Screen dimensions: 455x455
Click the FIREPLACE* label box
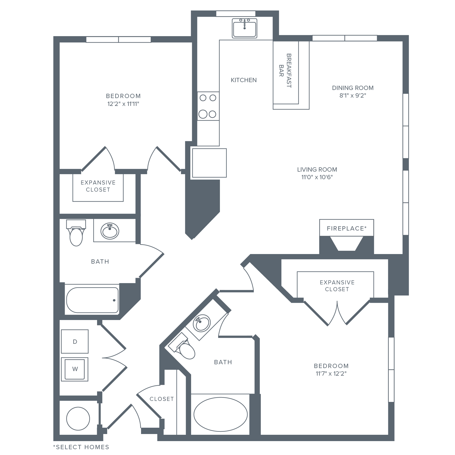(346, 228)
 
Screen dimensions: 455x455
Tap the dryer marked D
(75, 342)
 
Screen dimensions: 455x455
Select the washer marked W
(75, 369)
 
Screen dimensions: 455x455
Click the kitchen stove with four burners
(208, 106)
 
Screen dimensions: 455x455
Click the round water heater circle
(78, 419)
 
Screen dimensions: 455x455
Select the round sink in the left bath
(110, 231)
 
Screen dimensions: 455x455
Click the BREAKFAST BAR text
(286, 71)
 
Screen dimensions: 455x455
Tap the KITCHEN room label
(244, 80)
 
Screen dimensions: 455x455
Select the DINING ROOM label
(353, 88)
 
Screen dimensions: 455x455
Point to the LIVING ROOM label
(317, 169)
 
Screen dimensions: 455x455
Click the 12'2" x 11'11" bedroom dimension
(123, 104)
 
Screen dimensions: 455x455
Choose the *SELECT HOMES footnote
(81, 447)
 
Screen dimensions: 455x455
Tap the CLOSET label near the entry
(161, 399)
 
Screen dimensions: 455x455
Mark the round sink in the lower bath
(201, 324)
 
